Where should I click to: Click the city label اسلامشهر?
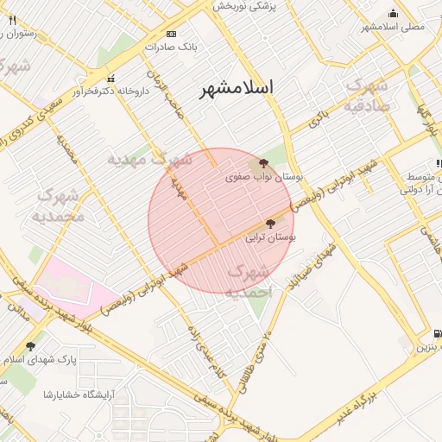coord(237,88)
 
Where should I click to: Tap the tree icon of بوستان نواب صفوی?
coord(263,162)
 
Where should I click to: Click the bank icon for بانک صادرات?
coord(171,34)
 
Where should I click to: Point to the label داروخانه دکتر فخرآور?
coord(106,90)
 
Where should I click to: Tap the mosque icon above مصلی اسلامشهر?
coord(394,13)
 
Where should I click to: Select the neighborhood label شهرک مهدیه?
coord(150,160)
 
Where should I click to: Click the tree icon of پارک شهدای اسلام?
coord(32,346)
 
